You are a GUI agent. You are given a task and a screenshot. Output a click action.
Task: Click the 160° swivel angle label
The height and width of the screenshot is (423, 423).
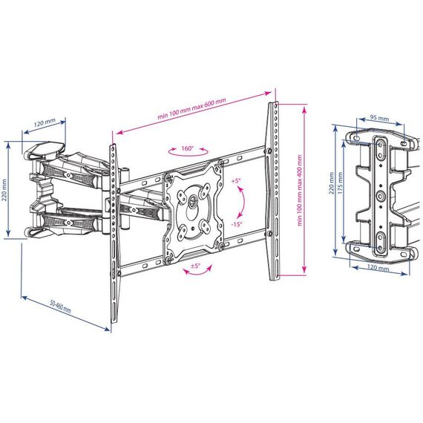pyautogui.click(x=188, y=148)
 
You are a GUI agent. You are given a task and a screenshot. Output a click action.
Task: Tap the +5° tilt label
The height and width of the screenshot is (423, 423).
pyautogui.click(x=235, y=181)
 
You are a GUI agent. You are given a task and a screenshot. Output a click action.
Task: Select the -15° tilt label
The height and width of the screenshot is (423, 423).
pyautogui.click(x=237, y=224)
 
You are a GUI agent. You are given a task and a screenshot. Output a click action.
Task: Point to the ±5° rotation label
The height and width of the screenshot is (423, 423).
pyautogui.click(x=195, y=266)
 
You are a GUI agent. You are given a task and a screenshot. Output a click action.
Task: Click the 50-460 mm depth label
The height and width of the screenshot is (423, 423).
pyautogui.click(x=61, y=306)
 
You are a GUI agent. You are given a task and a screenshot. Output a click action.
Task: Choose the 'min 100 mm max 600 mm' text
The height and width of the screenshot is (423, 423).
pyautogui.click(x=191, y=108)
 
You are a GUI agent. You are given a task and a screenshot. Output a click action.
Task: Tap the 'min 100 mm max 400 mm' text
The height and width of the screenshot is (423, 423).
pyautogui.click(x=300, y=190)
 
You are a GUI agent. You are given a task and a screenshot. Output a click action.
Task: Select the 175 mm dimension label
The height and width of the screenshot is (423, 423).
pyautogui.click(x=340, y=183)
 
